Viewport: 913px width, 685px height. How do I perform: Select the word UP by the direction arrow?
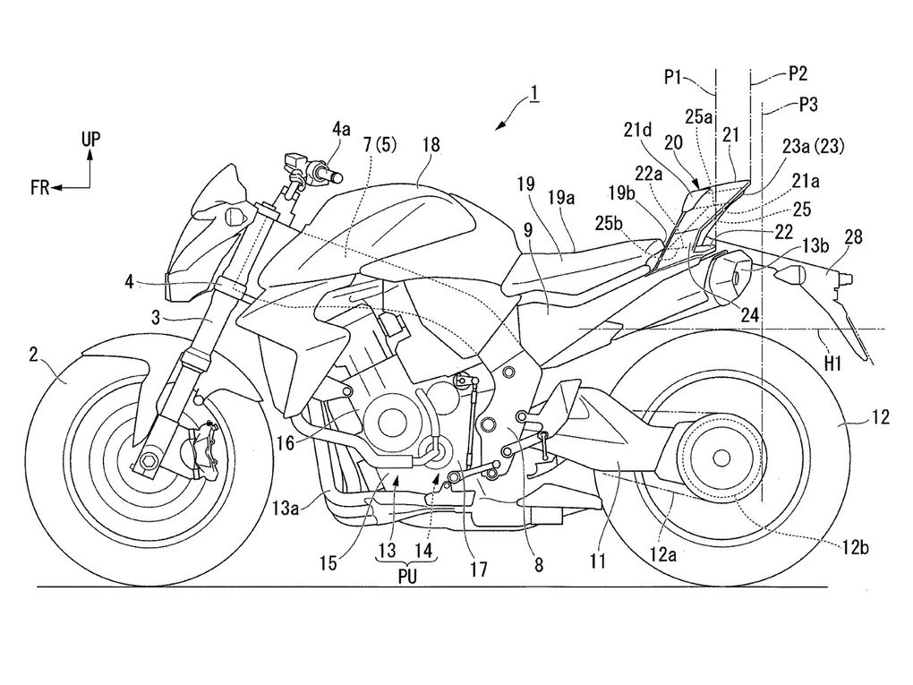[90, 139]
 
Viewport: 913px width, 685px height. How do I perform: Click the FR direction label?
[39, 187]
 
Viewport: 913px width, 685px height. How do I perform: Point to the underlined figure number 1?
[533, 91]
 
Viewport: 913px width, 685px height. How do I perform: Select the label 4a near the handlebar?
[341, 129]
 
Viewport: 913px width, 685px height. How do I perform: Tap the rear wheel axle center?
[719, 457]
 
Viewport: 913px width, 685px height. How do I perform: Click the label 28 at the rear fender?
[854, 237]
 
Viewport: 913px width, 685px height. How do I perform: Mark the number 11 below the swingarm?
[599, 561]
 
